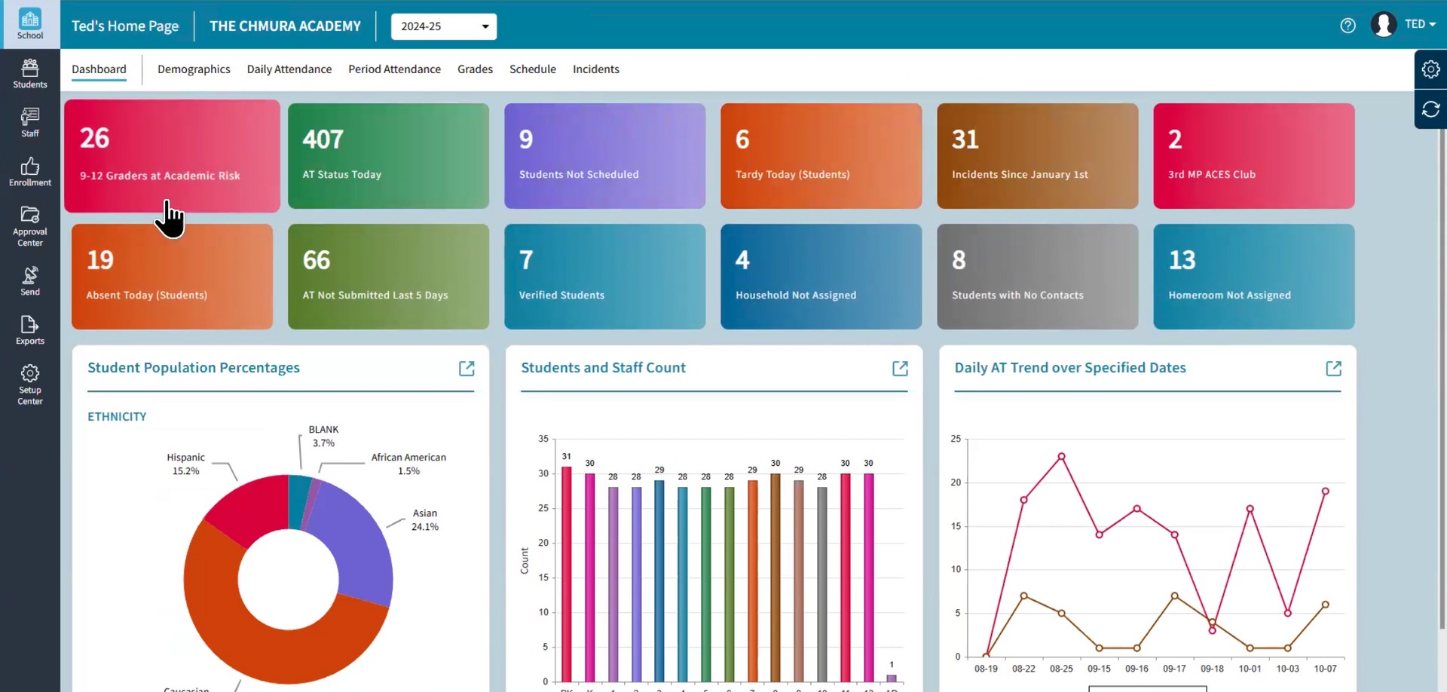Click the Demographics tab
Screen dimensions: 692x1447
click(194, 69)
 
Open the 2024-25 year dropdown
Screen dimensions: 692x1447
click(443, 26)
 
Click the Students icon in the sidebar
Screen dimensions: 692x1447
click(30, 74)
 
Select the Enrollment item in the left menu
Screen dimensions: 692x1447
click(30, 172)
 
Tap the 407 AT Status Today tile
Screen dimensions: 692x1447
click(388, 156)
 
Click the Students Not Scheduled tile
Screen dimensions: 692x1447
click(604, 156)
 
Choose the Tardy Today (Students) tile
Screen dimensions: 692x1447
click(821, 156)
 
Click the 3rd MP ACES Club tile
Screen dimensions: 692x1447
click(1253, 156)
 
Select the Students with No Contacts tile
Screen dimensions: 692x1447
click(1037, 277)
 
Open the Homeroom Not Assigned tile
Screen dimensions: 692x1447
click(1253, 277)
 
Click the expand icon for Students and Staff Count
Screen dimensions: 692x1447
click(900, 369)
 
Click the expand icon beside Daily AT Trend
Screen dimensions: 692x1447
click(1333, 369)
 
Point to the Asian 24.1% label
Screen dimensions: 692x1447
click(425, 520)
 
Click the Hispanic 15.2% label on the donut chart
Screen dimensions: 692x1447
click(185, 464)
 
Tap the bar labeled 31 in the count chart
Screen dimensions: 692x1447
click(567, 573)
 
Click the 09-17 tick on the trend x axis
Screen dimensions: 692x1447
click(1174, 669)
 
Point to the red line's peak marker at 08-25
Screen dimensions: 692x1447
click(1061, 457)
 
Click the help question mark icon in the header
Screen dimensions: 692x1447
click(1348, 26)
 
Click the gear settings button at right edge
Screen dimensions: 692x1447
click(1430, 69)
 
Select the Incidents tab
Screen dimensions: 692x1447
click(595, 69)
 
